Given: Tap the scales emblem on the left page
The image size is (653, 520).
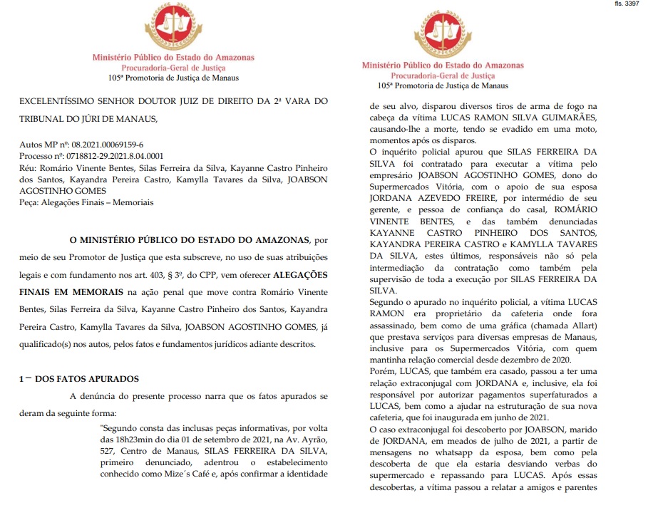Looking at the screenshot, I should click(x=173, y=27).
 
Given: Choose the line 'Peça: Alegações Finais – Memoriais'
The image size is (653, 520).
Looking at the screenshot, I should click(x=86, y=202).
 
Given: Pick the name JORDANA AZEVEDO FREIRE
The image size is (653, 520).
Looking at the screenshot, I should click(x=430, y=197).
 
